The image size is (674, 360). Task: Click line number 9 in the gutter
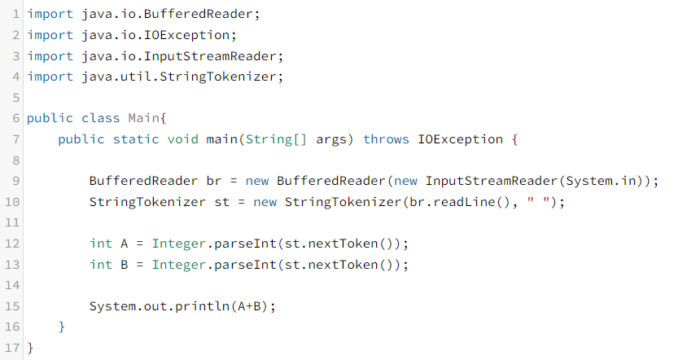pos(16,181)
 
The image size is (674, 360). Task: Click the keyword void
pos(182,139)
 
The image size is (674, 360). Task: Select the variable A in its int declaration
pos(120,244)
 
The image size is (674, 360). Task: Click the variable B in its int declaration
pos(120,265)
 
